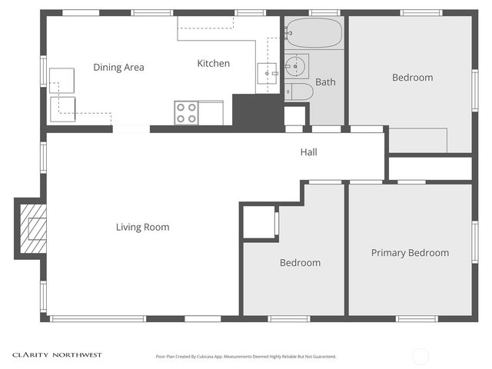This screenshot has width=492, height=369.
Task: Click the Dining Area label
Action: [118, 68]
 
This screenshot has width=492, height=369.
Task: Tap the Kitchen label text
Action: [213, 64]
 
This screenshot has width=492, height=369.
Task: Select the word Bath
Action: [325, 81]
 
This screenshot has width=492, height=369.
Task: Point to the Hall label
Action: [308, 152]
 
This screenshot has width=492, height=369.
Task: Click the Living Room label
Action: [142, 227]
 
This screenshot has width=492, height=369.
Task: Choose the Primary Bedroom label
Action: [410, 253]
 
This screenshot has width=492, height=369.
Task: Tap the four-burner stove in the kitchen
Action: [186, 112]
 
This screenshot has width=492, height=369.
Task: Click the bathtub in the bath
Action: [314, 33]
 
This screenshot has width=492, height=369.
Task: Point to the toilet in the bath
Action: [300, 92]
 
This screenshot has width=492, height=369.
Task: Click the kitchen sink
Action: [267, 73]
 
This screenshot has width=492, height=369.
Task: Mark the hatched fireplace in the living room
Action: [32, 228]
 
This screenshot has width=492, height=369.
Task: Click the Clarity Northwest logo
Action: [56, 355]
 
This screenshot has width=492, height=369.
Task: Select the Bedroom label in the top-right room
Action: [412, 78]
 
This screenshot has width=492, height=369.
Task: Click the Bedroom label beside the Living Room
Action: [300, 263]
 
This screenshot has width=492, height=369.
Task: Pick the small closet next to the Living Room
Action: [259, 223]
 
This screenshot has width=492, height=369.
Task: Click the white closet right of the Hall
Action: [429, 168]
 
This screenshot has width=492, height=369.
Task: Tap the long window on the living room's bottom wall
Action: [98, 318]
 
